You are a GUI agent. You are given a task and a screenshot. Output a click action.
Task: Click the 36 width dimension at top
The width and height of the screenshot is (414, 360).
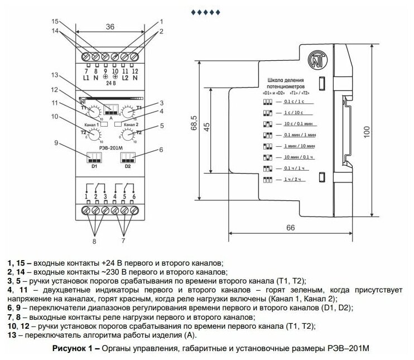click(x=109, y=26)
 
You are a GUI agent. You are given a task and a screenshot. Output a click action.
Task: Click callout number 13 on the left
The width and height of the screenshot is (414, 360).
click(x=55, y=75)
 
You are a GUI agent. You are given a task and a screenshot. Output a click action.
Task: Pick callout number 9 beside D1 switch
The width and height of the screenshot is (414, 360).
click(x=56, y=143)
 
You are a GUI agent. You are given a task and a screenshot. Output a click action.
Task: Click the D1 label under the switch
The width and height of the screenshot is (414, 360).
click(x=94, y=166)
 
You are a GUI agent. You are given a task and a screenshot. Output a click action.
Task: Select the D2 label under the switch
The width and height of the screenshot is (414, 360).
click(x=128, y=166)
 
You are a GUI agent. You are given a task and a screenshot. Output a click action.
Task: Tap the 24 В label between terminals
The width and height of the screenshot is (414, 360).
click(x=111, y=83)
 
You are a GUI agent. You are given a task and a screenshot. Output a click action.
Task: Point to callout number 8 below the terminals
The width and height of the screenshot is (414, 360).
click(x=94, y=241)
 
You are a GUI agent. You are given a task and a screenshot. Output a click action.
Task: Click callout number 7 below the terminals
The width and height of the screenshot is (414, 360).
click(x=124, y=241)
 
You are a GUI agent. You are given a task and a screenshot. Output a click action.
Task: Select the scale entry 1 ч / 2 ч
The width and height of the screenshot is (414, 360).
click(x=292, y=179)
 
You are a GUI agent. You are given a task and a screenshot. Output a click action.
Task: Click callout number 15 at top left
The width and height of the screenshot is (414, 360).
click(x=55, y=21)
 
